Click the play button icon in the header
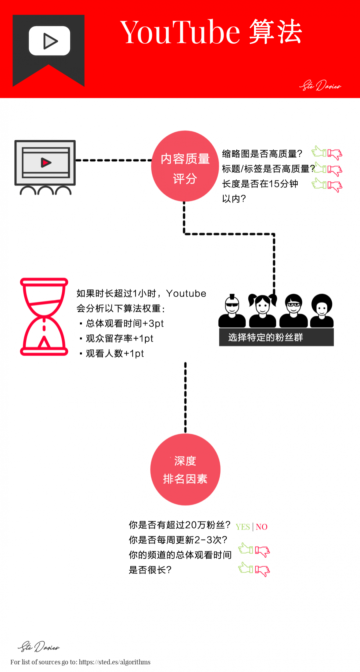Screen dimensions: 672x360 click(50, 41)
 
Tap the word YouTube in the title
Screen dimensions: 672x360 click(180, 32)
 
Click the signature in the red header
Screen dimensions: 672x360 click(320, 86)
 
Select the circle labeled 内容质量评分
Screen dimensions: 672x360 click(185, 166)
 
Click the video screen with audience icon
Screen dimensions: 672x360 click(45, 167)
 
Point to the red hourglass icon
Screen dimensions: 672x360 click(44, 317)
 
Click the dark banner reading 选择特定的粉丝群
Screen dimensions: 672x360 click(276, 337)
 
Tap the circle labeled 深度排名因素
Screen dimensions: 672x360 click(185, 470)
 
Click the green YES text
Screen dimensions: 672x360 click(243, 527)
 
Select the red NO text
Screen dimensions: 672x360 click(262, 527)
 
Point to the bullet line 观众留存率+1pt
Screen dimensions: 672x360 click(119, 339)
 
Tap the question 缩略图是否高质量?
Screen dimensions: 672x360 click(262, 154)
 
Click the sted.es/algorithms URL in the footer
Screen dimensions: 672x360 click(115, 662)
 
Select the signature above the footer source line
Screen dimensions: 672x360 click(39, 647)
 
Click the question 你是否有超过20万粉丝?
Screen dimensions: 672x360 click(180, 525)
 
